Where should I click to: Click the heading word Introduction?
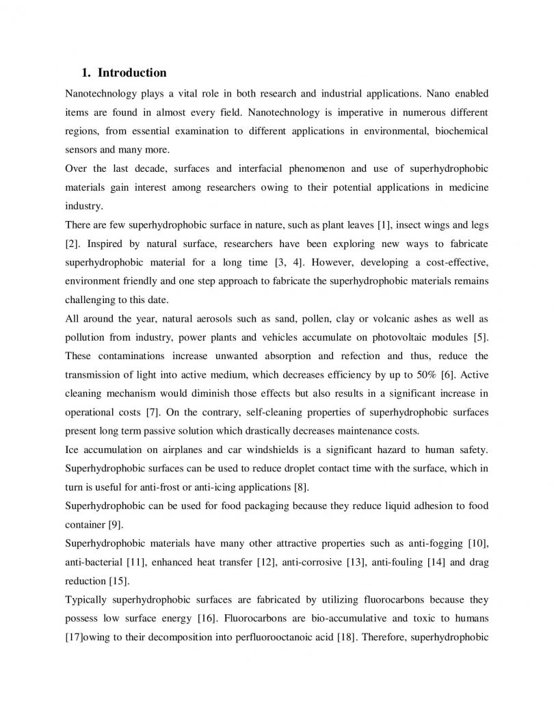pyautogui.click(x=132, y=73)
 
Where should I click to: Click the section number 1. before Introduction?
pyautogui.click(x=86, y=73)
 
